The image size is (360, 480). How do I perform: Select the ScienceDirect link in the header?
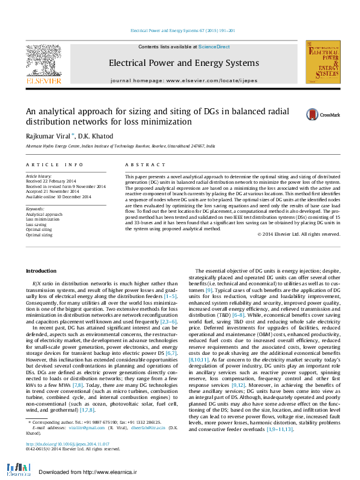214,47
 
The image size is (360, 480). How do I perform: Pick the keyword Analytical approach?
44,215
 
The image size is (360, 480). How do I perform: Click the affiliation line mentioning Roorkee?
120,146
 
